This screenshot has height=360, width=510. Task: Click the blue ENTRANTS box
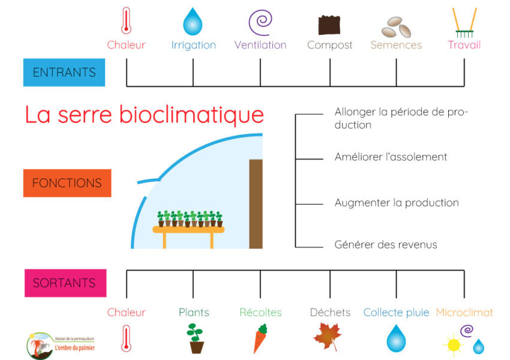[x=64, y=72]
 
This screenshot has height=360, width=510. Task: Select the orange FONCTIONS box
[x=67, y=183]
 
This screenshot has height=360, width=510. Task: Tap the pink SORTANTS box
[x=65, y=283]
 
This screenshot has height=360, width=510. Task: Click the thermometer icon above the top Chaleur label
[x=126, y=21]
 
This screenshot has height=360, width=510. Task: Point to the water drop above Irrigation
[x=193, y=22]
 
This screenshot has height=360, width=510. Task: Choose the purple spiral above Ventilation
[x=260, y=22]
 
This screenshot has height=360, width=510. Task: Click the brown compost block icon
[x=329, y=25]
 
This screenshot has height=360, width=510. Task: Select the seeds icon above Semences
[x=396, y=27]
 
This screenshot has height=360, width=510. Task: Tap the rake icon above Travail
[x=464, y=22]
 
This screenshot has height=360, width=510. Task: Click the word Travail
[x=464, y=45]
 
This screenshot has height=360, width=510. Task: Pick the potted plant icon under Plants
[x=196, y=338]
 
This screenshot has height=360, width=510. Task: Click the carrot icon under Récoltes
[x=260, y=338]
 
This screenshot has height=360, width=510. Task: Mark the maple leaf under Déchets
[x=328, y=336]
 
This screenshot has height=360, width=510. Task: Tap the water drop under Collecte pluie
[x=396, y=338]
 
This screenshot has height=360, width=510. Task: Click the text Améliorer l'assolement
[x=391, y=157]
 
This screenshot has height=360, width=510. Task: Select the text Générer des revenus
[x=386, y=245]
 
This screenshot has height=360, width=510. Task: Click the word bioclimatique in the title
[x=191, y=115]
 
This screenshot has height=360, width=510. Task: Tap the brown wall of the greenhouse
[x=256, y=204]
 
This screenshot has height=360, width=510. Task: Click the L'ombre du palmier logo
[x=61, y=346]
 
